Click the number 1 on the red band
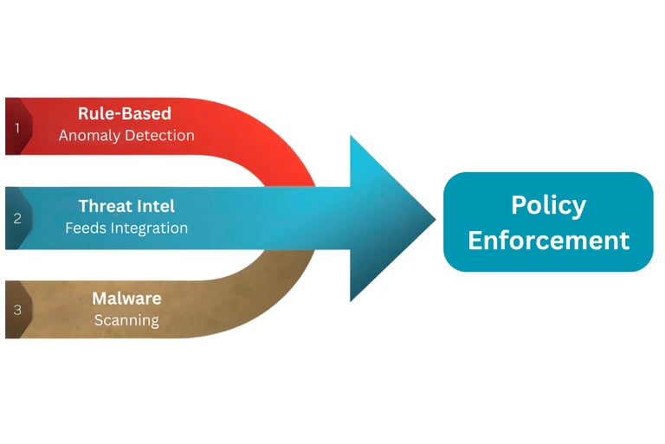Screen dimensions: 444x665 [16, 127]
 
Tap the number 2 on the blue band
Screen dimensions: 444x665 [17, 218]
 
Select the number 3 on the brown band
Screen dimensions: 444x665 [16, 309]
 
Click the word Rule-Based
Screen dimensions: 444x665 [125, 113]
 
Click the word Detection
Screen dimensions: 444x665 [162, 136]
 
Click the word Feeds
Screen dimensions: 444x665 [85, 228]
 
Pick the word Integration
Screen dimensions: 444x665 [148, 228]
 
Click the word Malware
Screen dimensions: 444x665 [126, 299]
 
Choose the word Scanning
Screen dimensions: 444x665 [126, 320]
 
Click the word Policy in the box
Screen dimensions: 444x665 [548, 205]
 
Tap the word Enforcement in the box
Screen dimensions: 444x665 [548, 240]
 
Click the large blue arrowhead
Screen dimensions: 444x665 [385, 218]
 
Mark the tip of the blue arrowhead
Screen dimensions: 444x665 [435, 218]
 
